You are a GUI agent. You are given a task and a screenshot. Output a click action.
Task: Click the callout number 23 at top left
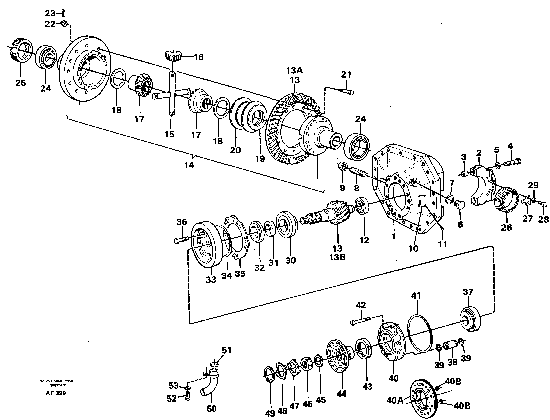tap(50, 13)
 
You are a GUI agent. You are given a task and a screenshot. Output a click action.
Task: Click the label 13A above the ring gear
tap(294, 71)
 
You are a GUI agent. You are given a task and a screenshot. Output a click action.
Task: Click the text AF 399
tap(56, 393)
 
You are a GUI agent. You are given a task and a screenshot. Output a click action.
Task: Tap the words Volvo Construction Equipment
tap(56, 383)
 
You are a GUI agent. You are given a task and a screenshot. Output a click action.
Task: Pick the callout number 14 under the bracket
tap(189, 165)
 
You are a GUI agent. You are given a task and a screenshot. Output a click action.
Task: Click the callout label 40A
tap(395, 401)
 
